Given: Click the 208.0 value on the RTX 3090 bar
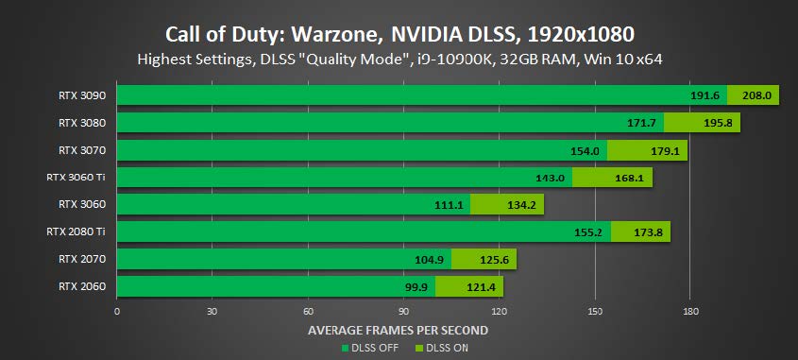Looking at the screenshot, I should coord(757,95).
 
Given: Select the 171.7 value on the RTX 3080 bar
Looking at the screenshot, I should coord(641,123).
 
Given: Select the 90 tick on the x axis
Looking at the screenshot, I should coord(403,311).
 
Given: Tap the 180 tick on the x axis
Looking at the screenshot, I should coord(690,311).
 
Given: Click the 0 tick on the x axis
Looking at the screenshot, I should coord(117,311).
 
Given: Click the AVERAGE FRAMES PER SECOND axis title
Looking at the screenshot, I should coord(398,330).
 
